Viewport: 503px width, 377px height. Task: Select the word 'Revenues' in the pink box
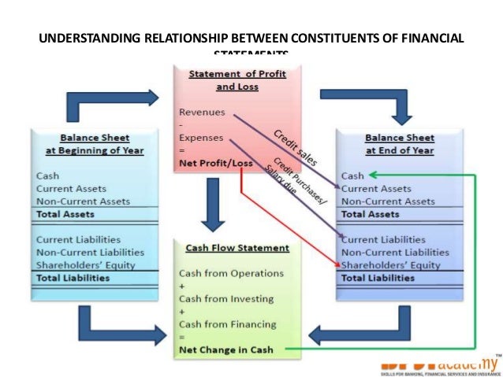tap(201, 112)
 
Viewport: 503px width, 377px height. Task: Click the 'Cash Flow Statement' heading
tap(237, 248)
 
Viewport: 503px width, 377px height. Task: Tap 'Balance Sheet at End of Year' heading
tap(399, 143)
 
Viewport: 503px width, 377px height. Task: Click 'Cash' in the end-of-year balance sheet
tap(352, 176)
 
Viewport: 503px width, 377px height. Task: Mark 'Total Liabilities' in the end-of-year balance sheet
tap(378, 277)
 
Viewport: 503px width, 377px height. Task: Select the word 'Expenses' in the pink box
tap(201, 138)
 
